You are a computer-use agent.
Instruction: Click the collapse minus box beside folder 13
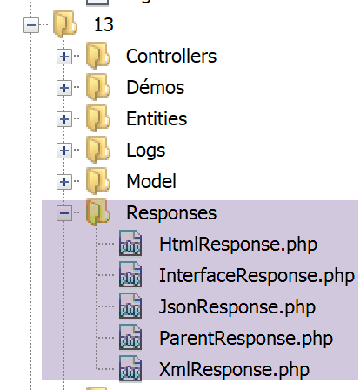click(31, 25)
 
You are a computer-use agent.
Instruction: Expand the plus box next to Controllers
click(64, 57)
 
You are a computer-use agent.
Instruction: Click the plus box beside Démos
click(64, 88)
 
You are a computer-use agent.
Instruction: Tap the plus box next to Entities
click(64, 119)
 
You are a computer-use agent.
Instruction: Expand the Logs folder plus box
click(64, 151)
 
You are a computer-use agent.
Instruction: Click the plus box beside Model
click(64, 182)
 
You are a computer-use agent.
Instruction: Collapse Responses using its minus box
click(64, 213)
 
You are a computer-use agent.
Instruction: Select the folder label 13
click(103, 25)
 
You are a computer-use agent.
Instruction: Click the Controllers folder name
click(171, 56)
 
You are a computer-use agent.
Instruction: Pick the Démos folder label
click(156, 87)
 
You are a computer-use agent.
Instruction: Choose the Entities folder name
click(157, 118)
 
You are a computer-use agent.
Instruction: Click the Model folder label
click(151, 181)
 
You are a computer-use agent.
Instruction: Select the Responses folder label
click(171, 213)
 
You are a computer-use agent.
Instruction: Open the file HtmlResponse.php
click(238, 245)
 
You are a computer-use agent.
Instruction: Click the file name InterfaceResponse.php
click(257, 276)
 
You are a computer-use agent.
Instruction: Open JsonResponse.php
click(237, 307)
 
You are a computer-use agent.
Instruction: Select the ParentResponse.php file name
click(246, 339)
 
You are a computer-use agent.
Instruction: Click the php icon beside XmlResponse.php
click(130, 369)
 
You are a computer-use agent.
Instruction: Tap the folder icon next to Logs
click(98, 150)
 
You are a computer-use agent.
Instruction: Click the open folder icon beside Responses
click(98, 212)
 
